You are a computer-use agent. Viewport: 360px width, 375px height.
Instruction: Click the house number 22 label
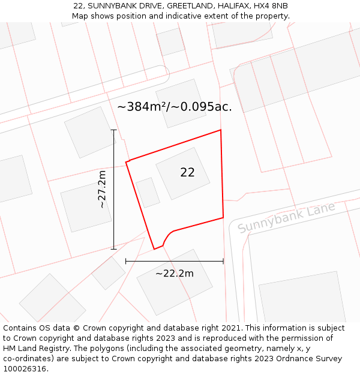(187, 172)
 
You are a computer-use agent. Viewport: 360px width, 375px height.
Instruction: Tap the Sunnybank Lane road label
(286, 218)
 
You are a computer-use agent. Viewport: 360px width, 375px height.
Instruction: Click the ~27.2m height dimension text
(103, 189)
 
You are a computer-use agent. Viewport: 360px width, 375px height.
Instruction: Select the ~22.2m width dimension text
(175, 274)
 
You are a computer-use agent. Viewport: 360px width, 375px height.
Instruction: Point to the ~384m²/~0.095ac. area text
(174, 107)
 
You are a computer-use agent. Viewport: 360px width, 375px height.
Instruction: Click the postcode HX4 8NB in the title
(271, 5)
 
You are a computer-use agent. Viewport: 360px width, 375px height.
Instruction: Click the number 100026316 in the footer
(25, 369)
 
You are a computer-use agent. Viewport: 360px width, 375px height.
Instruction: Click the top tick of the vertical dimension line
(113, 130)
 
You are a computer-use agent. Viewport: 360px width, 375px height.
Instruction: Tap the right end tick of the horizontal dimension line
(223, 261)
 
